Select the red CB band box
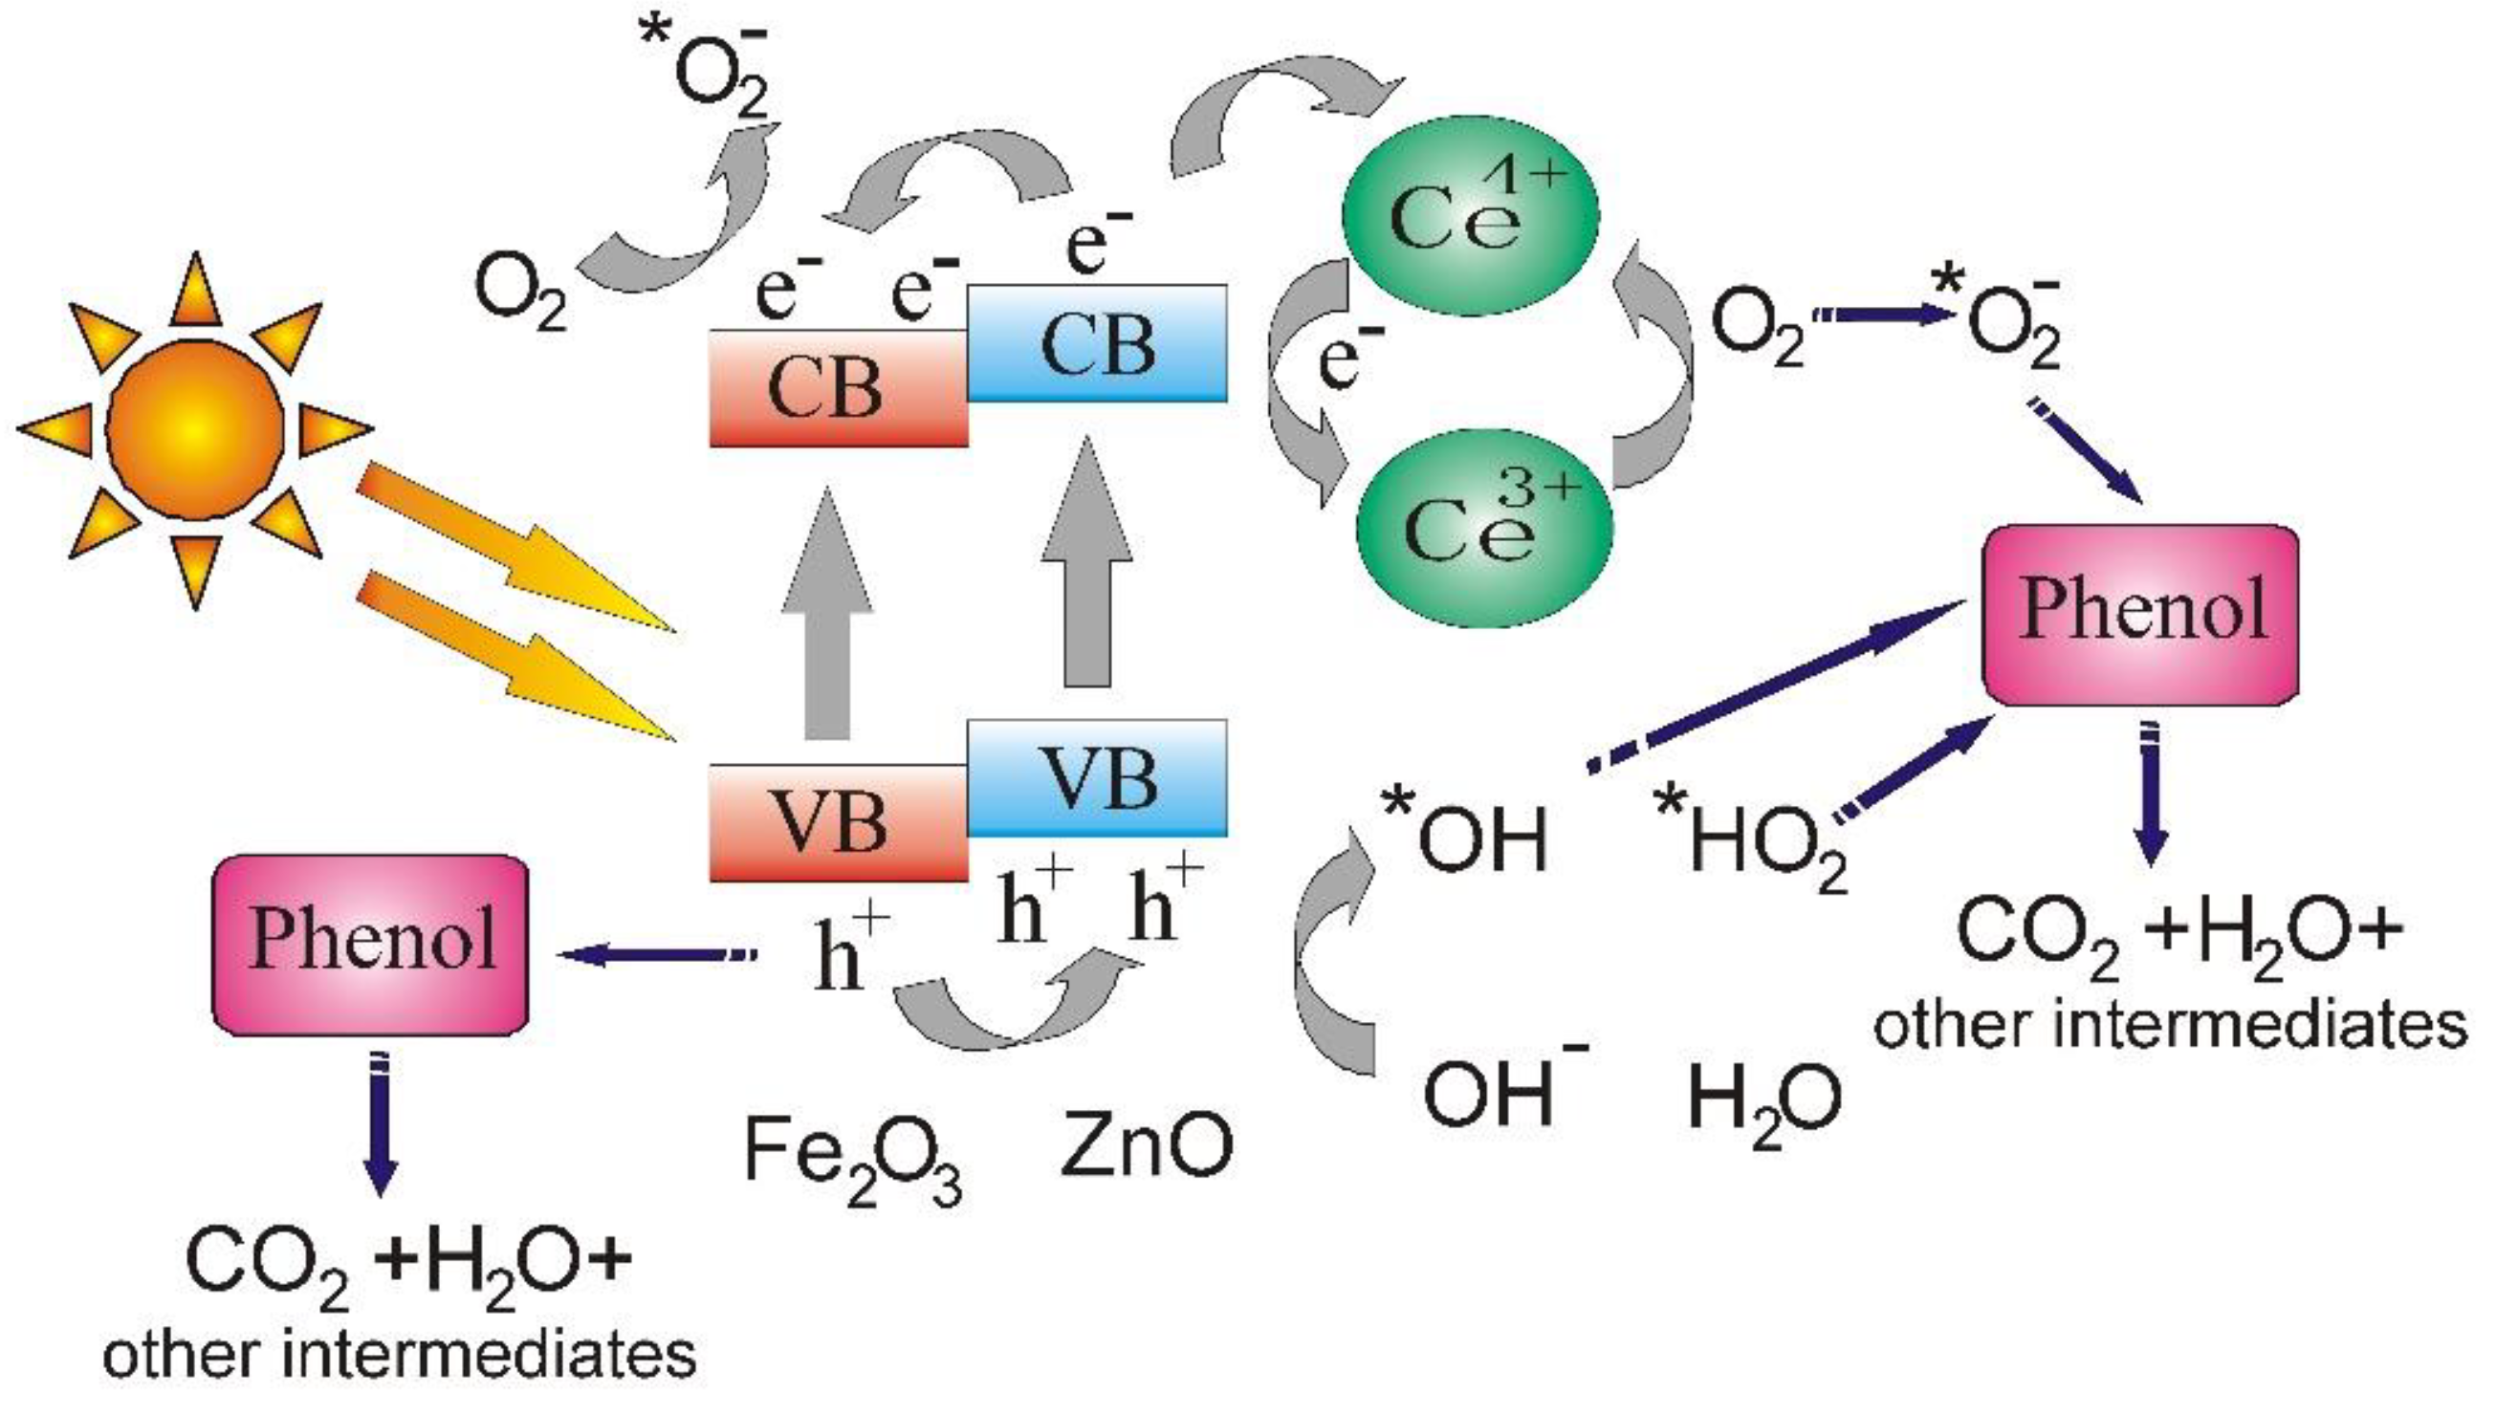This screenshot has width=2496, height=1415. point(838,389)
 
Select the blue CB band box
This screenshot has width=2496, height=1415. point(1097,343)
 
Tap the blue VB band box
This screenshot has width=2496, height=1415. point(1097,778)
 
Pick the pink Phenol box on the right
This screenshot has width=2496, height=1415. point(2141,614)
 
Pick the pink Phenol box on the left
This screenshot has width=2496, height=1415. point(370,945)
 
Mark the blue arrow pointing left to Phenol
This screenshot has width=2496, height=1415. point(656,955)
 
